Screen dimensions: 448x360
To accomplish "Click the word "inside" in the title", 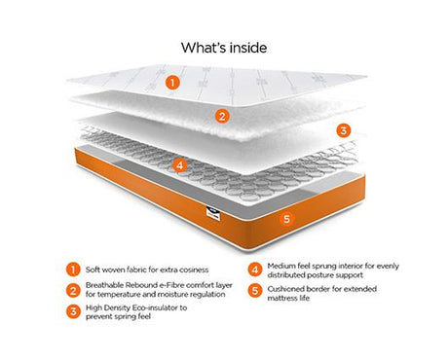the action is pyautogui.click(x=248, y=48).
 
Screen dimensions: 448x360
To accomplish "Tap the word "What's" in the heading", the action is pyautogui.click(x=204, y=48).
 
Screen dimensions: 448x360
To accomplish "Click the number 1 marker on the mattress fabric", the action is pyautogui.click(x=172, y=83).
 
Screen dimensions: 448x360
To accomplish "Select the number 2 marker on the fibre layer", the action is pyautogui.click(x=222, y=116).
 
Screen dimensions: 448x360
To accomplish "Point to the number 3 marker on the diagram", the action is pyautogui.click(x=343, y=130).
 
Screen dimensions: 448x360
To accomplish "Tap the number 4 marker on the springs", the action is pyautogui.click(x=179, y=165).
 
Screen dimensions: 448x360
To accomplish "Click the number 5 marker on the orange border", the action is pyautogui.click(x=286, y=219).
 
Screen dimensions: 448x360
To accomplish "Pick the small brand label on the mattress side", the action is pyautogui.click(x=213, y=214).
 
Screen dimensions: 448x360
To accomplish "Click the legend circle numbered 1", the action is pyautogui.click(x=73, y=270).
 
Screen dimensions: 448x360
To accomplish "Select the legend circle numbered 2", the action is pyautogui.click(x=73, y=290).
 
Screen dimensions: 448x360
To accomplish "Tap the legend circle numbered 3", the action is pyautogui.click(x=73, y=311).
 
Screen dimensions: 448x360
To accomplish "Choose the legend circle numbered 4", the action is pyautogui.click(x=255, y=270).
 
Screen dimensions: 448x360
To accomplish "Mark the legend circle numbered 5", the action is pyautogui.click(x=255, y=290).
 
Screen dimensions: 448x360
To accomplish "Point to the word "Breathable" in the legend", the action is pyautogui.click(x=104, y=285).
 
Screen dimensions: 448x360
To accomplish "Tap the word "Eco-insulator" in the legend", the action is pyautogui.click(x=155, y=307).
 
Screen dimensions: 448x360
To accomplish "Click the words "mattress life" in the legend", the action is pyautogui.click(x=288, y=298).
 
